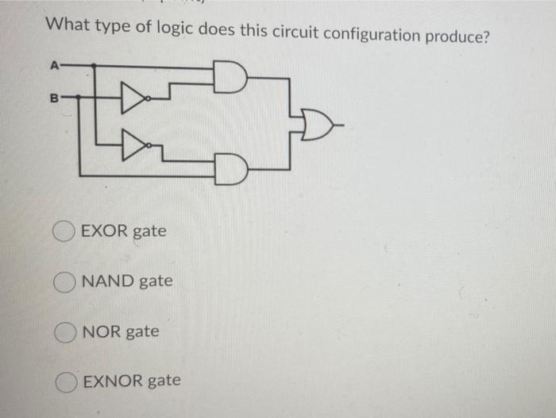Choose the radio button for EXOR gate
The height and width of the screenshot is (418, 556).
pos(64,232)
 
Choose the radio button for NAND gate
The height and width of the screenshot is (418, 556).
pos(64,281)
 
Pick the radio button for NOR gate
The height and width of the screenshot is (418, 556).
pos(64,331)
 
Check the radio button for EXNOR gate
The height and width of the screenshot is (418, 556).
pos(64,381)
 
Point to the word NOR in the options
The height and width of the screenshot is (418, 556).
pos(101,331)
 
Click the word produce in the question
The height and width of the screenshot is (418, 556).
pos(457,37)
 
